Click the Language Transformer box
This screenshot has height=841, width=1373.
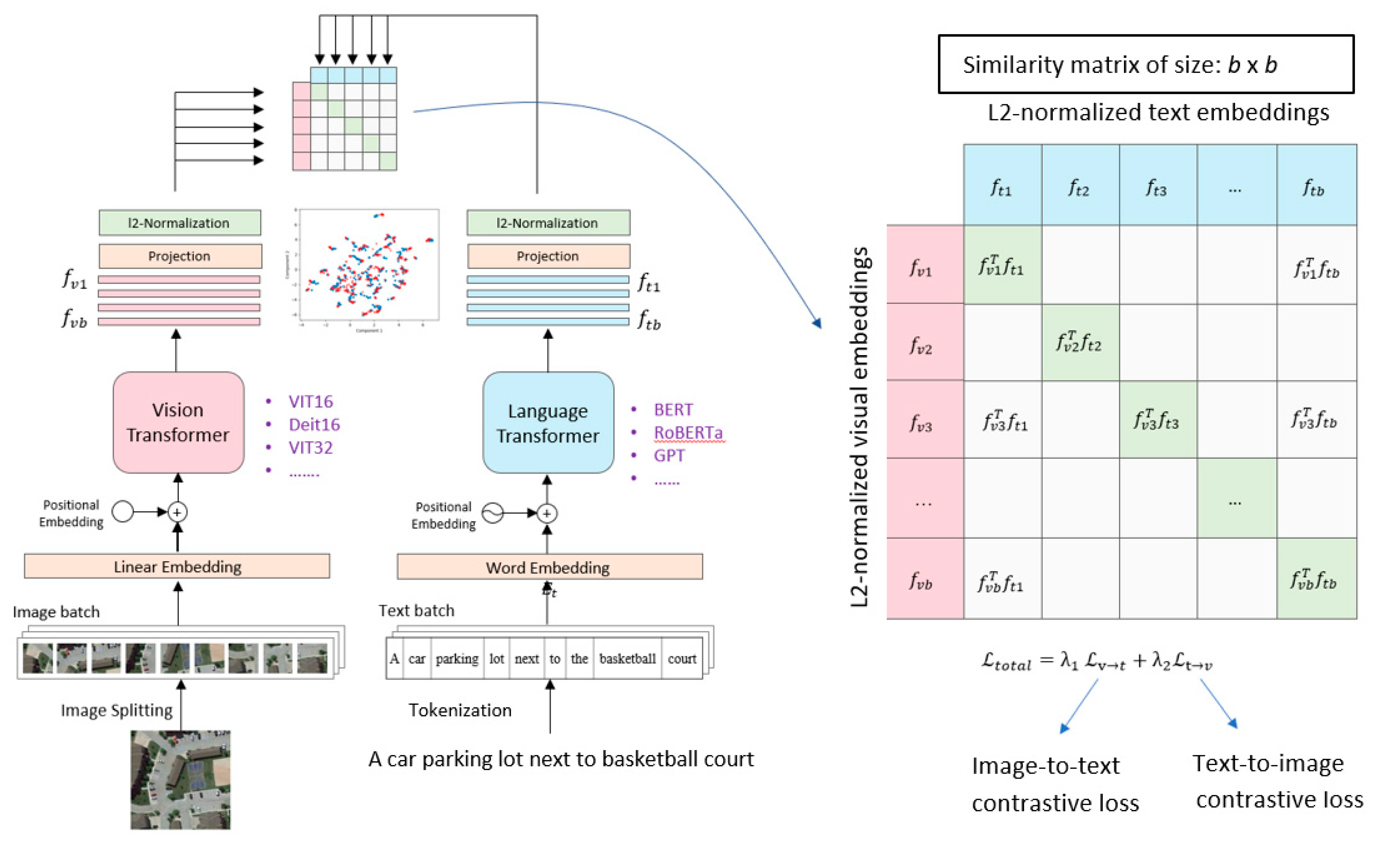(548, 423)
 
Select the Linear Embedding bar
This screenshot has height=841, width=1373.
(177, 566)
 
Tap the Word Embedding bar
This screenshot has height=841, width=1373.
(550, 567)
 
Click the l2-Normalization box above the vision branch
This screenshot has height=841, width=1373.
(180, 223)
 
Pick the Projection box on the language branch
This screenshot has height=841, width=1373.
(548, 256)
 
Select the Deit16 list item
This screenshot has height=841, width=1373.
(314, 425)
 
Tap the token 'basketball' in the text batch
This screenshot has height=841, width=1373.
(628, 659)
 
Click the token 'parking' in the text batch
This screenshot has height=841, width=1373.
(457, 659)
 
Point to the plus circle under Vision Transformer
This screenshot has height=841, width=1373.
(177, 511)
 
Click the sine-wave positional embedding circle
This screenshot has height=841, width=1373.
(493, 513)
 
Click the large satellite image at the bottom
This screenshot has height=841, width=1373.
(181, 779)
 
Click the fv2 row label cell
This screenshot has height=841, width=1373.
(924, 343)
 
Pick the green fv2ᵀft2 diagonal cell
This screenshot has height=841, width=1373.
(1080, 342)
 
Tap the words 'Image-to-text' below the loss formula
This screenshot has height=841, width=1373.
(1045, 766)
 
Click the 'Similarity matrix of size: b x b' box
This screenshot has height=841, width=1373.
(1146, 64)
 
